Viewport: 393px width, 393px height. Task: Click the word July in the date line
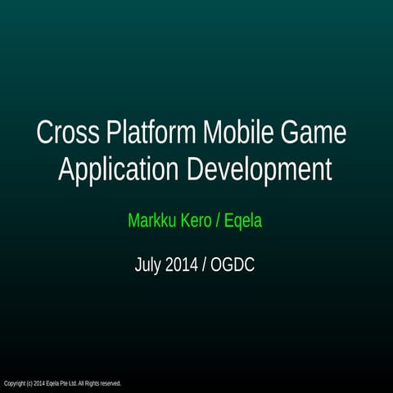click(148, 265)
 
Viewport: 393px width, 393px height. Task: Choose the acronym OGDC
click(233, 265)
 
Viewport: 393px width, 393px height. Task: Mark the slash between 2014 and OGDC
click(205, 265)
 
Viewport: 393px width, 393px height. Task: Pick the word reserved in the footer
click(111, 383)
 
